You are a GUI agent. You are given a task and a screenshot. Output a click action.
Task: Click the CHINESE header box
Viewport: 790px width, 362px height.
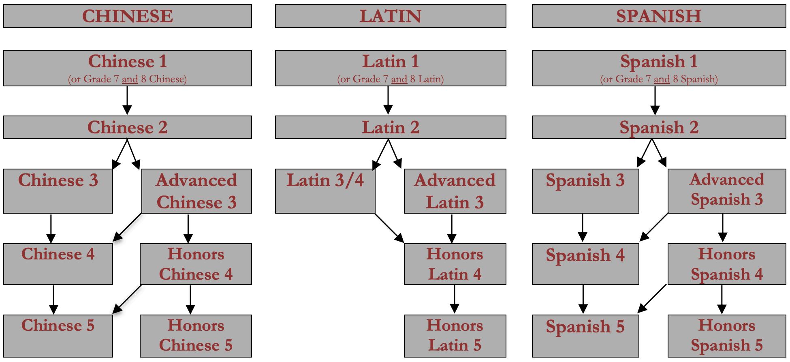[127, 16]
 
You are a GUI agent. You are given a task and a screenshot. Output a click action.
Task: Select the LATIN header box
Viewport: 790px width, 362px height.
[390, 16]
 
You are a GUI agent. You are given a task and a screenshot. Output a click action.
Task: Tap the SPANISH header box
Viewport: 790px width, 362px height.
[658, 16]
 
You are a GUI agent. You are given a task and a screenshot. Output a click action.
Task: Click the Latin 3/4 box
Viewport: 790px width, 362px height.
[325, 191]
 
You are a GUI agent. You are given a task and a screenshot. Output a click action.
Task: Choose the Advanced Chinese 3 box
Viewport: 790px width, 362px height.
[196, 191]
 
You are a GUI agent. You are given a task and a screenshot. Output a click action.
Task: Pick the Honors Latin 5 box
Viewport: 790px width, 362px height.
[455, 336]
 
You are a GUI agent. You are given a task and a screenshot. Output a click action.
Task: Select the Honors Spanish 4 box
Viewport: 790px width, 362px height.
[726, 264]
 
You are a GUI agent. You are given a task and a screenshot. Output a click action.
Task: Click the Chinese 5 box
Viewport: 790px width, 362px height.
[58, 336]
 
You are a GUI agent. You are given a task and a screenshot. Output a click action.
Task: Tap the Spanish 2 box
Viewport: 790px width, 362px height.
[658, 127]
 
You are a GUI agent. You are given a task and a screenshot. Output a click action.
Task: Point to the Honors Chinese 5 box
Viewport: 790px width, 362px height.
[196, 336]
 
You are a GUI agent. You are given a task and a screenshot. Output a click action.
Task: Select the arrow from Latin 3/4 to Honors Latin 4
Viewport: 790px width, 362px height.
[389, 228]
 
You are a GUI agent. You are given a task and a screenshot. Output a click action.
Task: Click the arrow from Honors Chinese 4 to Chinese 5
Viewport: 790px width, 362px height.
[127, 299]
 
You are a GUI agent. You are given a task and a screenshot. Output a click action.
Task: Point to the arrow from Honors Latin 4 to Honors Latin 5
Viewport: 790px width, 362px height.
[455, 299]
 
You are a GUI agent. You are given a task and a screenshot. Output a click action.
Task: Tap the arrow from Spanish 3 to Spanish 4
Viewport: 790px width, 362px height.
[583, 228]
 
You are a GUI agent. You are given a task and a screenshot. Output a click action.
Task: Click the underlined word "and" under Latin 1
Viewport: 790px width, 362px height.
[399, 79]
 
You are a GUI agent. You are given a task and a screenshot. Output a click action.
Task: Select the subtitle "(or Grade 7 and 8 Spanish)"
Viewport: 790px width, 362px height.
[658, 79]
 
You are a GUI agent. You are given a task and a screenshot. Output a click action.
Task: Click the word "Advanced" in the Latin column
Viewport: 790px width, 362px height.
[455, 180]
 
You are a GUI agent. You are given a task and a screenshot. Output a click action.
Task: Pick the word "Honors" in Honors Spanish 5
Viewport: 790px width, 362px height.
[726, 326]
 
